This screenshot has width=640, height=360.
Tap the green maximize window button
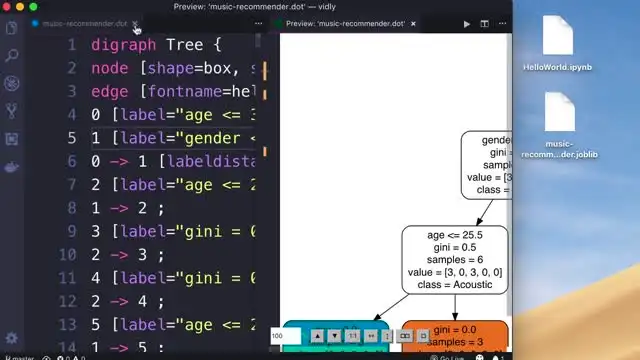coord(34,6)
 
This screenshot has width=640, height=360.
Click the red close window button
coord(7,6)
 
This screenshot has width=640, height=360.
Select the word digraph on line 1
coord(122,44)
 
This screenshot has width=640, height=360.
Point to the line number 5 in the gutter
coord(71,138)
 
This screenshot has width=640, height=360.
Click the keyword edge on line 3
coord(110,91)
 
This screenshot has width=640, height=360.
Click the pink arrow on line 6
coord(121,161)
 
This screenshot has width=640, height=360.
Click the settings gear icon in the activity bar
coord(12,335)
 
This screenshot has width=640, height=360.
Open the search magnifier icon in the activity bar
coord(12,56)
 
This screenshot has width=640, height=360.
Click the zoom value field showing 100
coord(286,336)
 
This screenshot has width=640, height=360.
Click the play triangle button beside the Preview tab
coord(467,23)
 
